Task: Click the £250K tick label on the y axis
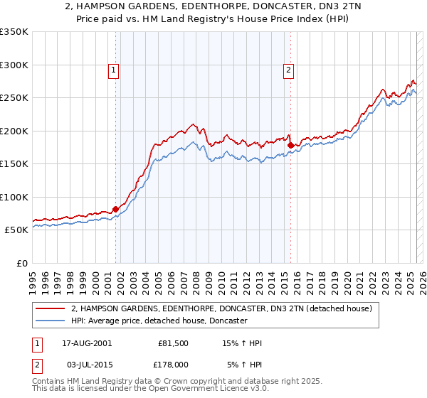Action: coord(14,98)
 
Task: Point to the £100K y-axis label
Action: coord(14,197)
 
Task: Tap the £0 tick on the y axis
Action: coord(22,263)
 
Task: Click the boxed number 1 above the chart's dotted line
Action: coord(114,70)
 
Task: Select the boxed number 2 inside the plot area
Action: coord(288,70)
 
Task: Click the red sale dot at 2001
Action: coord(115,210)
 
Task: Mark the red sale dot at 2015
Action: coord(290,146)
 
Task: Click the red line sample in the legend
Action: coord(51,309)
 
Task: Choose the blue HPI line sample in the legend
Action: coord(51,321)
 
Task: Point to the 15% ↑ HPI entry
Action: coord(243,343)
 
